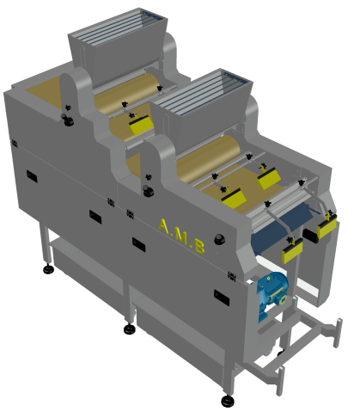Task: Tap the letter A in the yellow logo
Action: click(164, 226)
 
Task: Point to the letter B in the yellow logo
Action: click(199, 246)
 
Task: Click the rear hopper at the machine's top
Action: click(118, 46)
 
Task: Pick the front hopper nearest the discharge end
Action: click(201, 108)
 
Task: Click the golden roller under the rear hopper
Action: click(125, 94)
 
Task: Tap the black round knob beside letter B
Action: click(220, 239)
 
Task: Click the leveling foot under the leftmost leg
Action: click(48, 269)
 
